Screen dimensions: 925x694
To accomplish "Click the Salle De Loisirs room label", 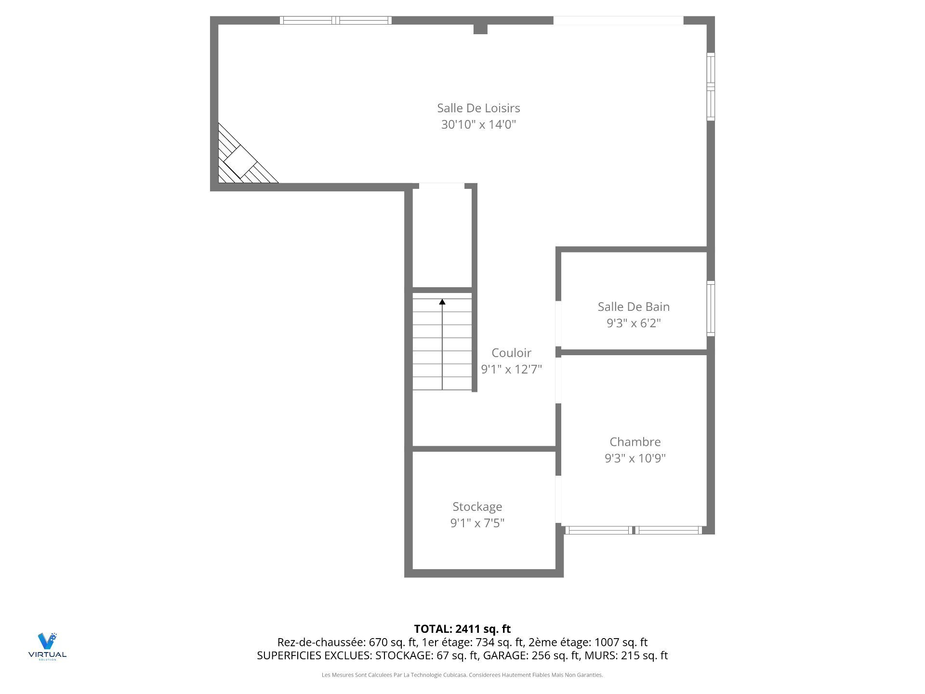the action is tap(478, 108).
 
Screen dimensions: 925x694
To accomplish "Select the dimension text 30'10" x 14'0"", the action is tap(478, 124).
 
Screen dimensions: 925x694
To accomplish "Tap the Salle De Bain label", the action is tap(634, 307).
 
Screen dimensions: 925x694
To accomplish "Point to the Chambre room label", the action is tap(635, 442).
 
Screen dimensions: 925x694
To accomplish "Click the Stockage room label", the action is tap(477, 507).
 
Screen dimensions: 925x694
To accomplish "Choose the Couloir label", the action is tap(511, 353).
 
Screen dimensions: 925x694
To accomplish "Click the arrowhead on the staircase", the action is tap(442, 302).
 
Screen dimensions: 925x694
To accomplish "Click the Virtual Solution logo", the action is tap(47, 646).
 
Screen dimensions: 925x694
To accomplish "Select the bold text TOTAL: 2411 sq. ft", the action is tap(462, 629).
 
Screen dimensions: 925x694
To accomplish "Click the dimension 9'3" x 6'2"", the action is tap(634, 323).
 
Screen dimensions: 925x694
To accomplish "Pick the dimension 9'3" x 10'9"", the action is tap(635, 458).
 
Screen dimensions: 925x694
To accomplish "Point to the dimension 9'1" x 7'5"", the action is tap(477, 523).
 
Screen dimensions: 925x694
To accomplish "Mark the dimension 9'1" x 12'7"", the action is tap(511, 369).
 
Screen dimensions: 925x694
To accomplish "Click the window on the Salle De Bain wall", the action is tap(711, 308).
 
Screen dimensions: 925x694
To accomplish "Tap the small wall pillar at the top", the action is tap(480, 29).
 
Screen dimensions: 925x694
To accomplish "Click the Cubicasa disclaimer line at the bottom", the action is tap(462, 675).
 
